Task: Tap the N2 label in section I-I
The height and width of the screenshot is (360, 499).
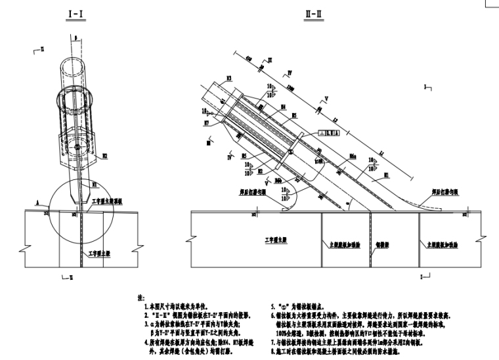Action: pos(104,156)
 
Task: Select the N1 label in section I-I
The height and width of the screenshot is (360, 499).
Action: pos(95,184)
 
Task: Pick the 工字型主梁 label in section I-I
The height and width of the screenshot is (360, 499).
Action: pos(102,252)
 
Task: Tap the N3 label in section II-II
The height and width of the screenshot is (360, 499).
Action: pos(228,78)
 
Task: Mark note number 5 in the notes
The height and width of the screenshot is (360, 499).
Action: pos(273,306)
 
